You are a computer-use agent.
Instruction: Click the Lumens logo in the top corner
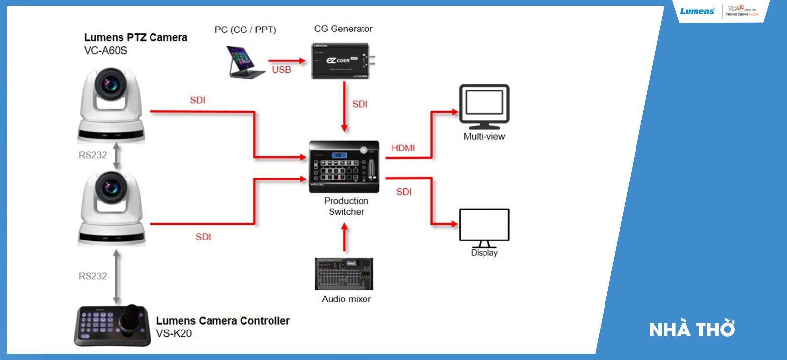(697, 11)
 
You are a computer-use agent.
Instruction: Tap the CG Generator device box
(340, 61)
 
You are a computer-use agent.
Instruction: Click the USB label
(281, 70)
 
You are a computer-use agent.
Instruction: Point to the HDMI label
(403, 148)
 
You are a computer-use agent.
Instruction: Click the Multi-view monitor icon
(484, 106)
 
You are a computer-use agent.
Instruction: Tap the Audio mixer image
(344, 274)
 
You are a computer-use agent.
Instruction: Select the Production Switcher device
(344, 167)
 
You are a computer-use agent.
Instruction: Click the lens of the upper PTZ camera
(111, 84)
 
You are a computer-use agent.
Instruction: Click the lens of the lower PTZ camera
(111, 187)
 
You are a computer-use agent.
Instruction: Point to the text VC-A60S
(106, 50)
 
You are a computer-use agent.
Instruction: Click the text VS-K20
(174, 333)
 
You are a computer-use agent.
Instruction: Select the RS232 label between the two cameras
(92, 155)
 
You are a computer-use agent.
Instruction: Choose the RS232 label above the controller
(92, 276)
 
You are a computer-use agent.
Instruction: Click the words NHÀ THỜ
(692, 330)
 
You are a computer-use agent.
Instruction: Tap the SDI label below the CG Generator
(360, 104)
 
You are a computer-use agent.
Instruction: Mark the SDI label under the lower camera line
(203, 237)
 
